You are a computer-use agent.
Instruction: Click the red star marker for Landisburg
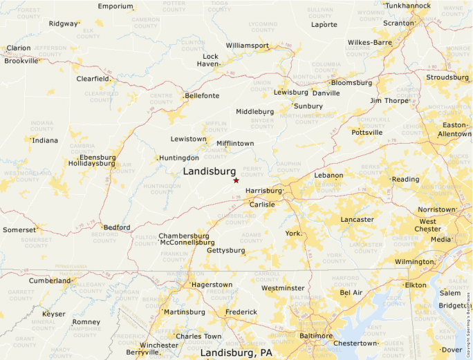236,180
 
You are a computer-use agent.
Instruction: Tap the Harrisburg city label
264,190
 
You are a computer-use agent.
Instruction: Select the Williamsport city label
247,46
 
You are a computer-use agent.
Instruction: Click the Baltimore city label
316,336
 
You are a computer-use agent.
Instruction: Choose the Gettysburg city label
226,250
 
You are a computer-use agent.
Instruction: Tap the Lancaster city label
357,220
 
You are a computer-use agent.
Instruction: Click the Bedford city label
116,227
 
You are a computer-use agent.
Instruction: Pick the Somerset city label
19,229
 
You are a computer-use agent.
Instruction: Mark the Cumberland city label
49,281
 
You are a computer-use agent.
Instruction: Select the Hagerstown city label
212,285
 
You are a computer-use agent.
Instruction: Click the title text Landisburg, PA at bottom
236,353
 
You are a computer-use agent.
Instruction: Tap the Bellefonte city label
201,95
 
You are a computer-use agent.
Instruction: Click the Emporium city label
115,6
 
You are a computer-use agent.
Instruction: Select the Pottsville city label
367,132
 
